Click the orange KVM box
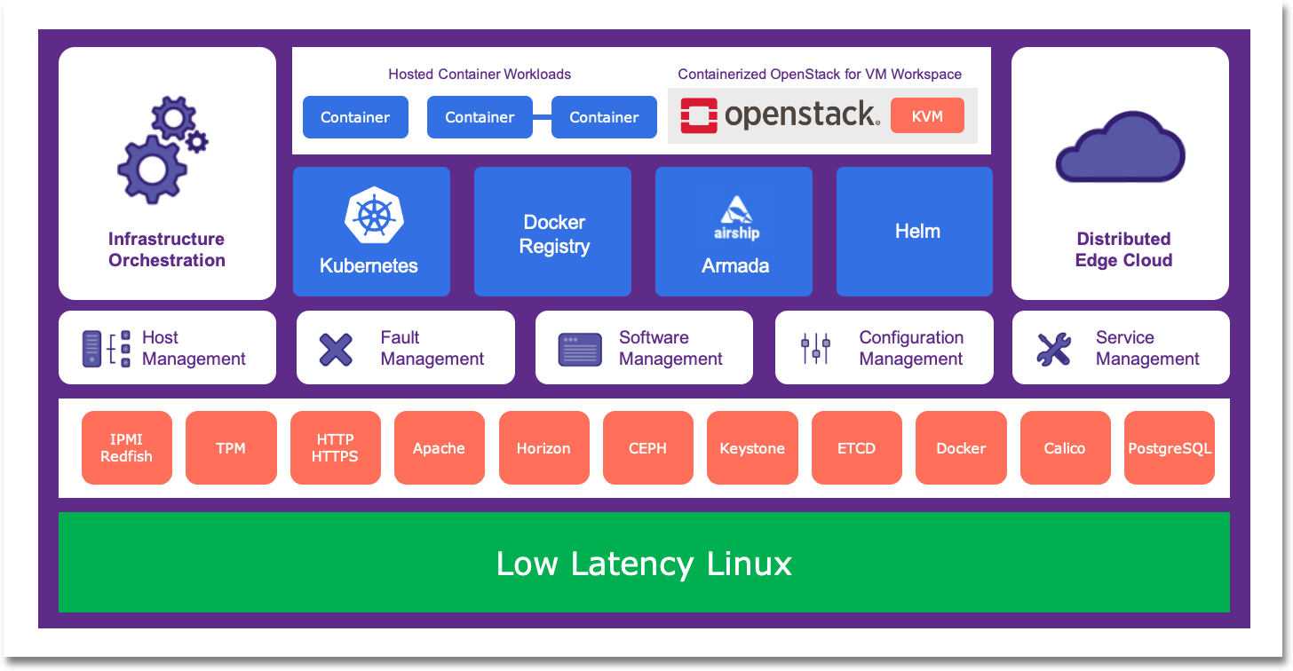(927, 116)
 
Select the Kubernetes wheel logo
(374, 215)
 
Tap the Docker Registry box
(552, 232)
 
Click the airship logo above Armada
(736, 217)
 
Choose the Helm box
(915, 232)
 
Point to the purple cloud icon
(1121, 147)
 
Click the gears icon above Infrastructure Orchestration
(163, 150)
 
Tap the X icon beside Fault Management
(336, 350)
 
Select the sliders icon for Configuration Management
(815, 348)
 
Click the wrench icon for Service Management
(1053, 349)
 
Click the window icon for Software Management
(580, 350)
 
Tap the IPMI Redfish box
(127, 447)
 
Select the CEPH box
(647, 447)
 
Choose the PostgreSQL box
(1170, 447)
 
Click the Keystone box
(752, 447)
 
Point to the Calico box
(1065, 447)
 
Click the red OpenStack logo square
(698, 116)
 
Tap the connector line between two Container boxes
(542, 117)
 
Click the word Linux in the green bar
(749, 564)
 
